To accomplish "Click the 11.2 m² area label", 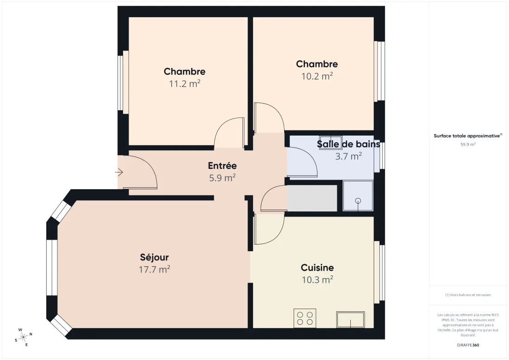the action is tap(184, 84).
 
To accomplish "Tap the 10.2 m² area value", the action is tap(317, 76).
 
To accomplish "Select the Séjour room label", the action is tap(154, 257).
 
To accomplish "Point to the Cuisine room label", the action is tap(317, 267).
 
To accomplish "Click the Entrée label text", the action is tap(223, 166).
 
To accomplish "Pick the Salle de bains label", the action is tap(348, 144).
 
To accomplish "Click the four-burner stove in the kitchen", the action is tap(305, 318).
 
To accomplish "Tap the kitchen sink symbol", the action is tap(351, 319).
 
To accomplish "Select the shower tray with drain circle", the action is tap(358, 195).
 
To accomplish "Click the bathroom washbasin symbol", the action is tap(330, 142).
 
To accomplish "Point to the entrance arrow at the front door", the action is tap(119, 173).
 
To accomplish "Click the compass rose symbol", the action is tap(24, 337).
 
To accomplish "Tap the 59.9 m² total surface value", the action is tap(468, 144).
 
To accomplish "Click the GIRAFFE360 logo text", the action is tap(468, 345).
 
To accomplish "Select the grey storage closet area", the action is tap(312, 199).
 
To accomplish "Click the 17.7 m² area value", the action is tap(155, 270).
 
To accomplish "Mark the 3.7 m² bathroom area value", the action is tap(348, 156).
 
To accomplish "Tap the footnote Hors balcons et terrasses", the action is tap(468, 295).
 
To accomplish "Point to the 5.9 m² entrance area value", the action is tap(223, 178).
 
